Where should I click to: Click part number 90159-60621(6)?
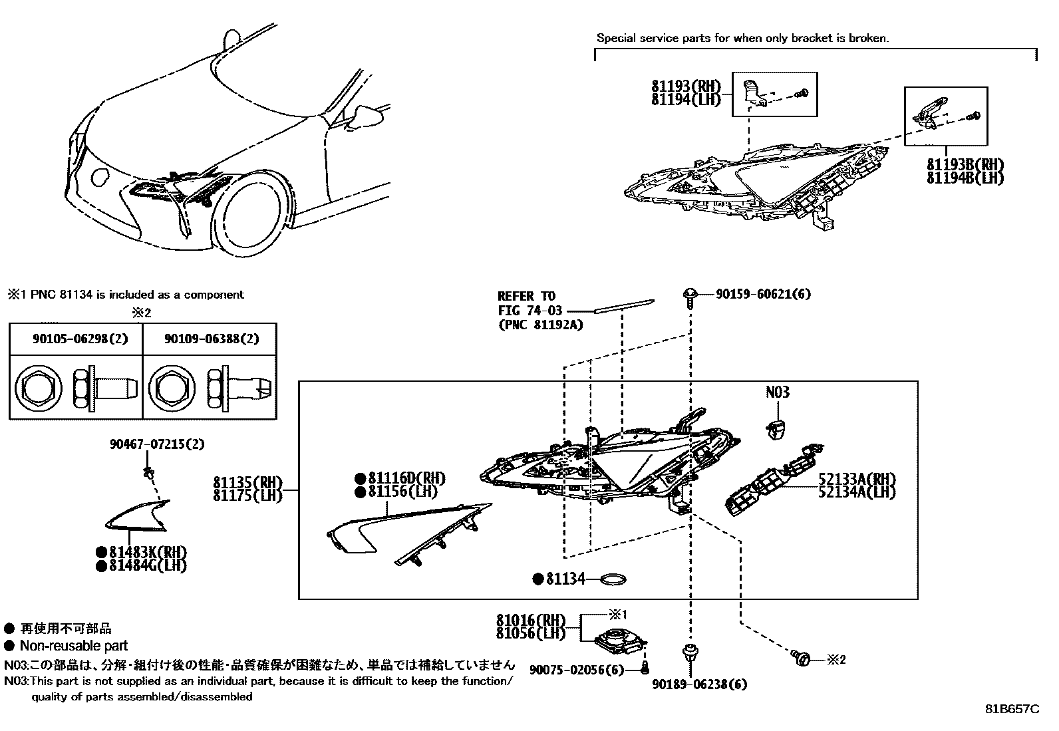[x=763, y=294]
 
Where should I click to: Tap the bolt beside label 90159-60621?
[x=689, y=297]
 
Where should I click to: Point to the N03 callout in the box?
[x=777, y=392]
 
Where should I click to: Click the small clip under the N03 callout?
[x=776, y=429]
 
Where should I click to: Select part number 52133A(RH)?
[x=857, y=480]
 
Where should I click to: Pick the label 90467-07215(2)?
[x=157, y=444]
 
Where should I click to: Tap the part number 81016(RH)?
[x=530, y=620]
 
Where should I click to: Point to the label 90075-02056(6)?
[x=577, y=669]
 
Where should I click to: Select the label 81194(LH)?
[x=686, y=100]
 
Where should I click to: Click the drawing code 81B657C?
[x=1012, y=709]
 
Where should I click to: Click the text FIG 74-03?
[x=530, y=310]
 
